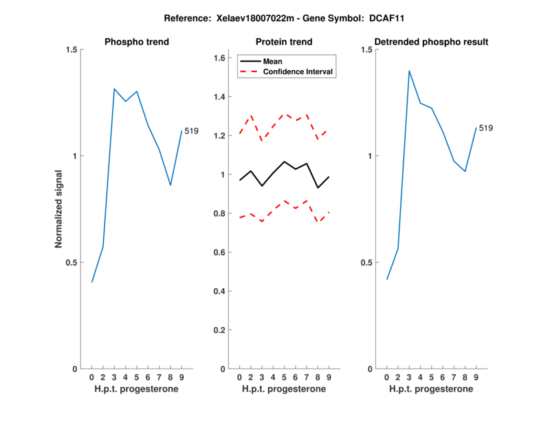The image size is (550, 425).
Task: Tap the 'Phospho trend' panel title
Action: click(137, 42)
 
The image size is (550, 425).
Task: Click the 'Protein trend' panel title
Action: click(284, 42)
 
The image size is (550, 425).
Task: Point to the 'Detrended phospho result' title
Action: click(432, 42)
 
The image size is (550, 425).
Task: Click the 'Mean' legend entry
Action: click(273, 61)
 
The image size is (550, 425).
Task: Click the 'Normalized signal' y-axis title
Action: click(59, 209)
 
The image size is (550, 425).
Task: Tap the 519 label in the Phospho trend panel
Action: click(191, 131)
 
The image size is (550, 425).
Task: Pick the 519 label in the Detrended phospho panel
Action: click(486, 128)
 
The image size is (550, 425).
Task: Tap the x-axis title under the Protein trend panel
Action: click(284, 389)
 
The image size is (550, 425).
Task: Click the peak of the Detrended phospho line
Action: click(409, 71)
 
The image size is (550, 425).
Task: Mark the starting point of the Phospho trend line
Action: click(92, 282)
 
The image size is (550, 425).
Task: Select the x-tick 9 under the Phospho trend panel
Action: click(181, 378)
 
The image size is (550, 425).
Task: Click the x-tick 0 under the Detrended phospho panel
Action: click(387, 378)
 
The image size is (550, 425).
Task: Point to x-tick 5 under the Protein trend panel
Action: click(284, 378)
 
